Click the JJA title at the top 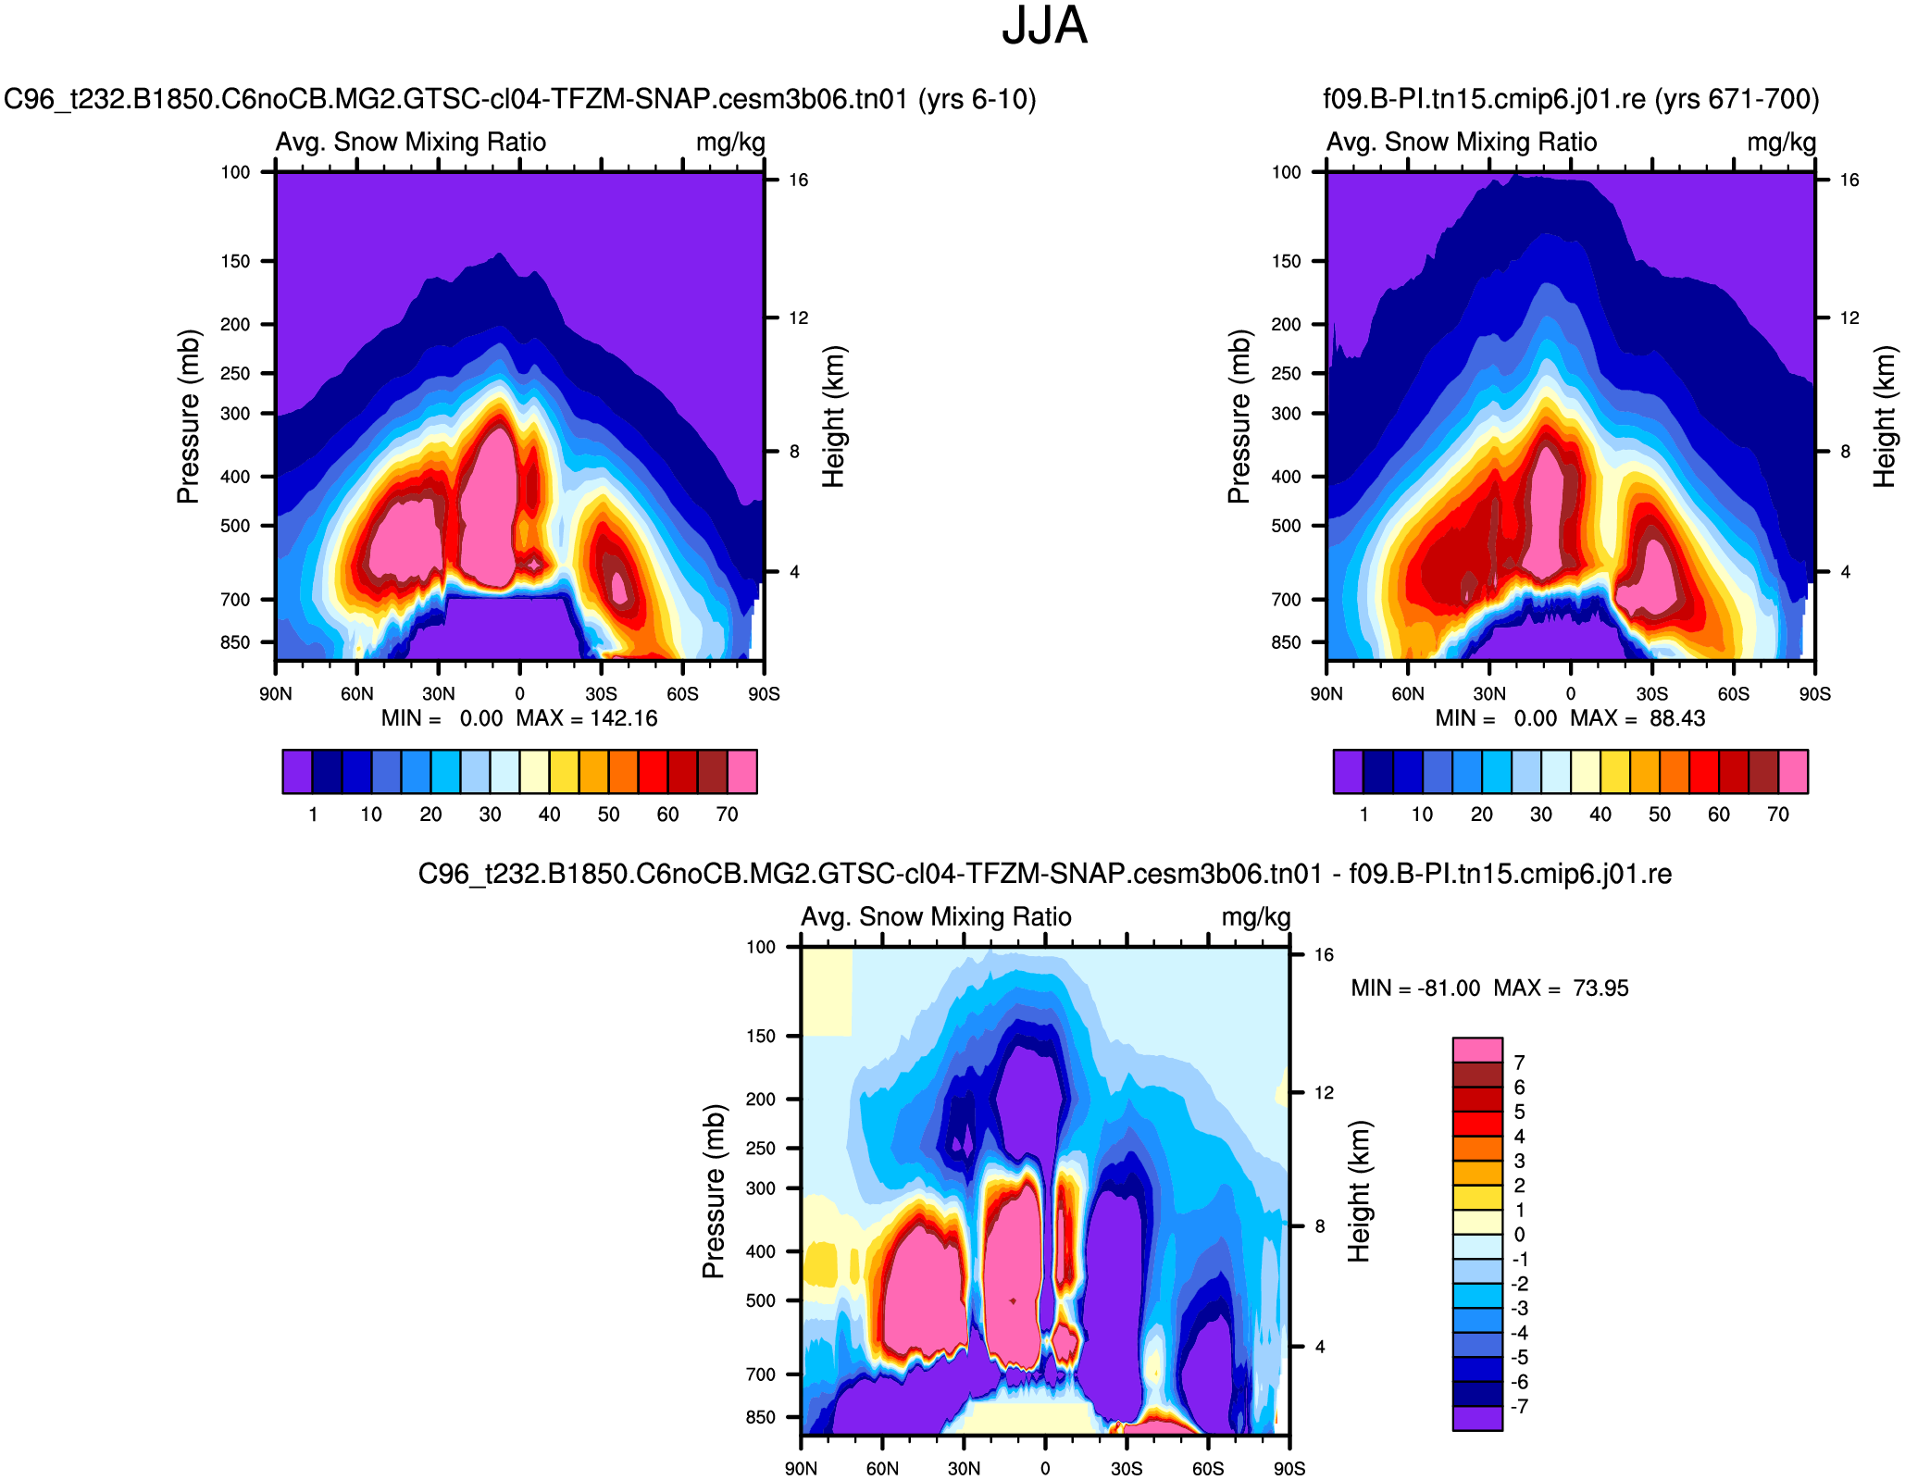[1044, 26]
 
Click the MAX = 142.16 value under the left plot [587, 718]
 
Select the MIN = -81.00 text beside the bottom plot [1415, 988]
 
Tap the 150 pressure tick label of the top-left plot [235, 261]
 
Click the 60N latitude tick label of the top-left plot [356, 694]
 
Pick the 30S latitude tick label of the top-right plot [1651, 694]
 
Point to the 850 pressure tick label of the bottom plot [760, 1417]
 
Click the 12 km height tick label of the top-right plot [1849, 317]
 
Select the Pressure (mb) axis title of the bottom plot [712, 1191]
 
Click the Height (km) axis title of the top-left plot [833, 417]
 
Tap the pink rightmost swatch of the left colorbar [742, 772]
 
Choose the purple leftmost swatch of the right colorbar [1348, 772]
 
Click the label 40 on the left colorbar [549, 815]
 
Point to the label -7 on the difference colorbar [1519, 1406]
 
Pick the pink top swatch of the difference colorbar [1477, 1050]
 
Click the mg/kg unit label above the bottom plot [1255, 917]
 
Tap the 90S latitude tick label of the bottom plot [1289, 1469]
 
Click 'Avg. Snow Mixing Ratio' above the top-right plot [1462, 143]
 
